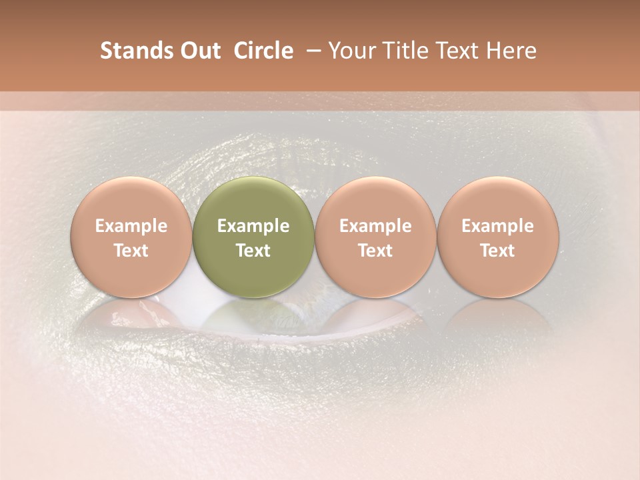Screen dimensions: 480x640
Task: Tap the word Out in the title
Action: click(197, 51)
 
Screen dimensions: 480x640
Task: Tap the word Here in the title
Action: click(511, 51)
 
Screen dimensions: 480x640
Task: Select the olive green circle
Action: click(253, 237)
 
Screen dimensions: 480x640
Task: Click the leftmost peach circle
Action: click(131, 237)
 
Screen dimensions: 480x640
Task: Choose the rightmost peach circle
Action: click(497, 237)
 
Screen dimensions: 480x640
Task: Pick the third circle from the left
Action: click(375, 237)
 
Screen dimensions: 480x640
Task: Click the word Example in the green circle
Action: click(253, 226)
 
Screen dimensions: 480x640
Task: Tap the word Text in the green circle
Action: click(253, 251)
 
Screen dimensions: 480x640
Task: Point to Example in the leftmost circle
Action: click(131, 226)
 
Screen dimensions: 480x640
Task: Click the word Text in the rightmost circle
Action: click(497, 251)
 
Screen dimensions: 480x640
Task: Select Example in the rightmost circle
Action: click(497, 226)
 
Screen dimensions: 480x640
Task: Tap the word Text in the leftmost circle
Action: click(131, 251)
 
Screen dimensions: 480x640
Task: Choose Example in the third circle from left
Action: click(375, 226)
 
